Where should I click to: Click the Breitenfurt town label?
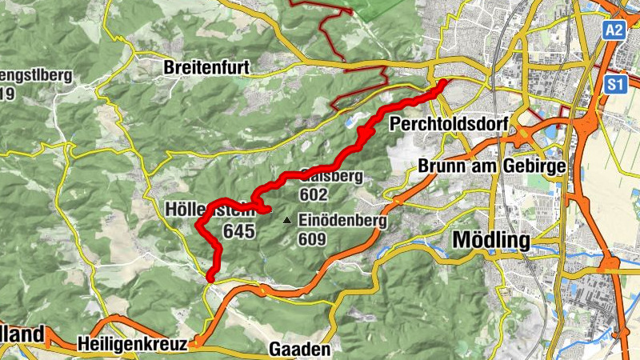coord(206,68)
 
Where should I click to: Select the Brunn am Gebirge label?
coord(491,167)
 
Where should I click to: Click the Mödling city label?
coord(491,239)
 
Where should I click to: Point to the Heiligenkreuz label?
coord(133,344)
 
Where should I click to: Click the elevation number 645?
coord(239,232)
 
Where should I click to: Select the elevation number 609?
coord(312,238)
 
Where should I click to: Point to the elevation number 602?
coord(314,194)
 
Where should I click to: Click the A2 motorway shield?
coord(613,30)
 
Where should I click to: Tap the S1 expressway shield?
coord(614,84)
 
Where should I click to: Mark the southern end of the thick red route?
coord(210,278)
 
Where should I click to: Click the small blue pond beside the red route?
coord(350,122)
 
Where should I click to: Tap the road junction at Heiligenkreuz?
coord(194,344)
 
